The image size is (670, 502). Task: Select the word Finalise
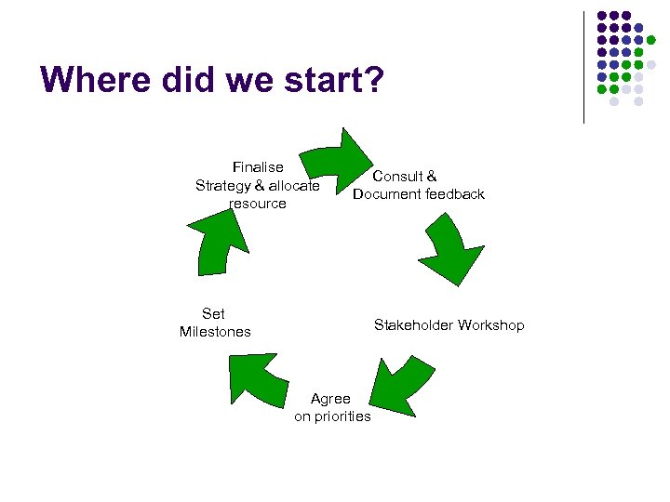coord(258,167)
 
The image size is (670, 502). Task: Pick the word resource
coord(258,203)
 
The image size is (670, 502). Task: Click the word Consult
coord(397,176)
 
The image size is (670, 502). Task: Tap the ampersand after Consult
coord(432,176)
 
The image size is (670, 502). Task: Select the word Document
coord(386,193)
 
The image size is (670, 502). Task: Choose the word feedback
coord(455,193)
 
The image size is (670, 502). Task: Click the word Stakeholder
coord(412,324)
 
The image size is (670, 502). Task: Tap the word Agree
coord(330,398)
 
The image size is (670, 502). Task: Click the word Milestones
coord(215,331)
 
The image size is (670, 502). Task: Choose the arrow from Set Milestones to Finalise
coord(219,244)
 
